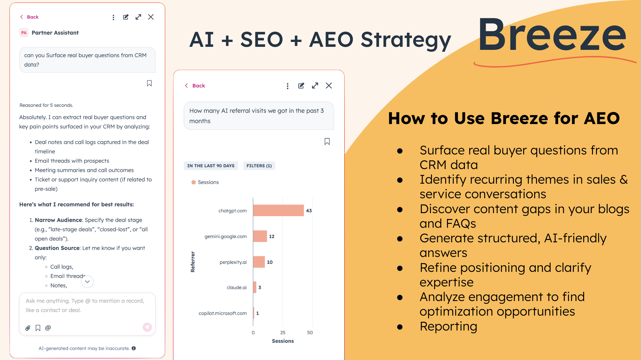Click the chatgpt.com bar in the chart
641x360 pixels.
(x=278, y=210)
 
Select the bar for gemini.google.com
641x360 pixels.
(x=260, y=236)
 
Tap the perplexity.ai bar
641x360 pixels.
(x=259, y=262)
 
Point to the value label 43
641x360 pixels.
(x=309, y=210)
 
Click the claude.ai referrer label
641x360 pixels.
(x=237, y=287)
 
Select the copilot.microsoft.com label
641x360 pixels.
(x=223, y=313)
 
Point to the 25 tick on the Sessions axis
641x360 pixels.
(x=283, y=333)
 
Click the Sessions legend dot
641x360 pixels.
(x=193, y=182)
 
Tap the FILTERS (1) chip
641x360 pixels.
(x=259, y=166)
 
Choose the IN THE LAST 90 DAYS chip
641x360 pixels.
(x=211, y=166)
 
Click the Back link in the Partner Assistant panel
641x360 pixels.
(x=29, y=17)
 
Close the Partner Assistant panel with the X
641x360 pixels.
(x=151, y=17)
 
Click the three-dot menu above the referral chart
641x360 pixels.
(x=287, y=86)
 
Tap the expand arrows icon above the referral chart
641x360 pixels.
(x=315, y=86)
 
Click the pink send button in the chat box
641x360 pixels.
(x=147, y=327)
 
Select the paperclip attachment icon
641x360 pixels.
(x=28, y=328)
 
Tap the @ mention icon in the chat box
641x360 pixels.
(x=48, y=328)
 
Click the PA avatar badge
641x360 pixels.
(x=24, y=33)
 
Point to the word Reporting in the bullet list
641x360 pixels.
(x=449, y=326)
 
